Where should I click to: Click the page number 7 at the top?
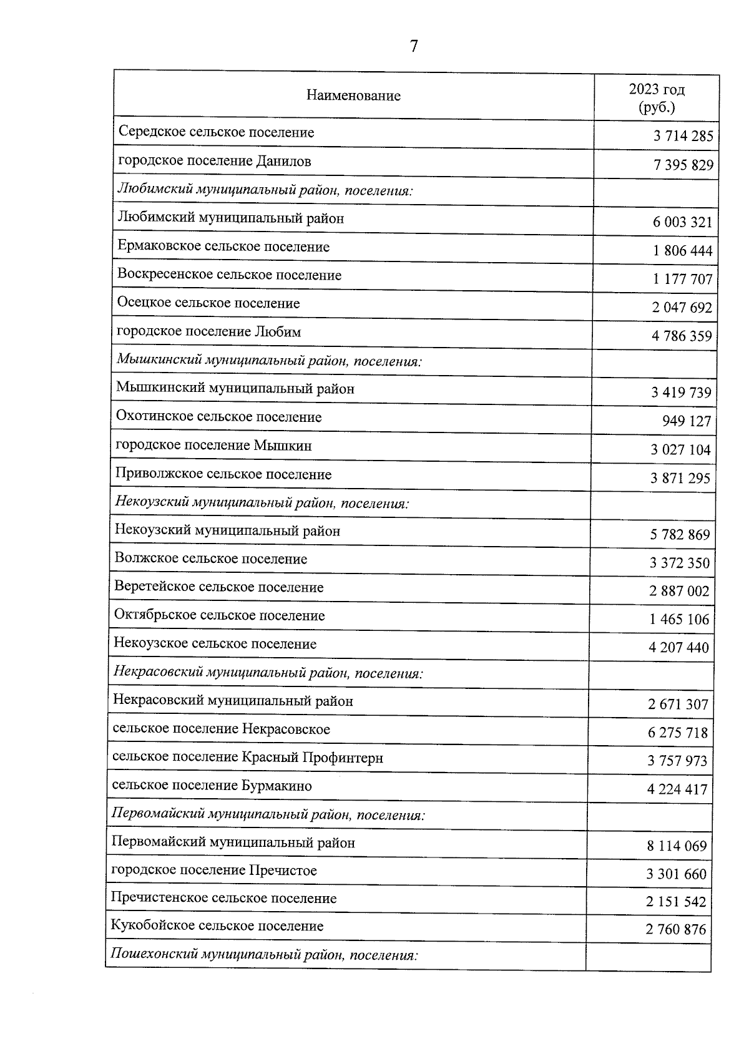(413, 47)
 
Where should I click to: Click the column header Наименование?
(353, 95)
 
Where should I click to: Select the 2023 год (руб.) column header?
(657, 98)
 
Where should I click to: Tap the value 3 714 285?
(683, 136)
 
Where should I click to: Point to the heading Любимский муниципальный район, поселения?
(265, 190)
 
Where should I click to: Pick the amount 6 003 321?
(682, 222)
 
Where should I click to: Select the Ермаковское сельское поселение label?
(223, 246)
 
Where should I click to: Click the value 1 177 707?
(682, 279)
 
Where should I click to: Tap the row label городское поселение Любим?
(209, 331)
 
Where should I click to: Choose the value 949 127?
(687, 421)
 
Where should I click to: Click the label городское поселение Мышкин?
(213, 446)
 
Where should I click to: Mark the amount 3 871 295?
(680, 478)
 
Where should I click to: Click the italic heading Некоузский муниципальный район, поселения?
(262, 503)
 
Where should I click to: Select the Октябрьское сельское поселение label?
(219, 615)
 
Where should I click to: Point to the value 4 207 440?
(678, 647)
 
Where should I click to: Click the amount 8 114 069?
(677, 846)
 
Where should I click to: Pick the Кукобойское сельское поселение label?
(217, 925)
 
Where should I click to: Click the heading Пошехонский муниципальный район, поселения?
(264, 955)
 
